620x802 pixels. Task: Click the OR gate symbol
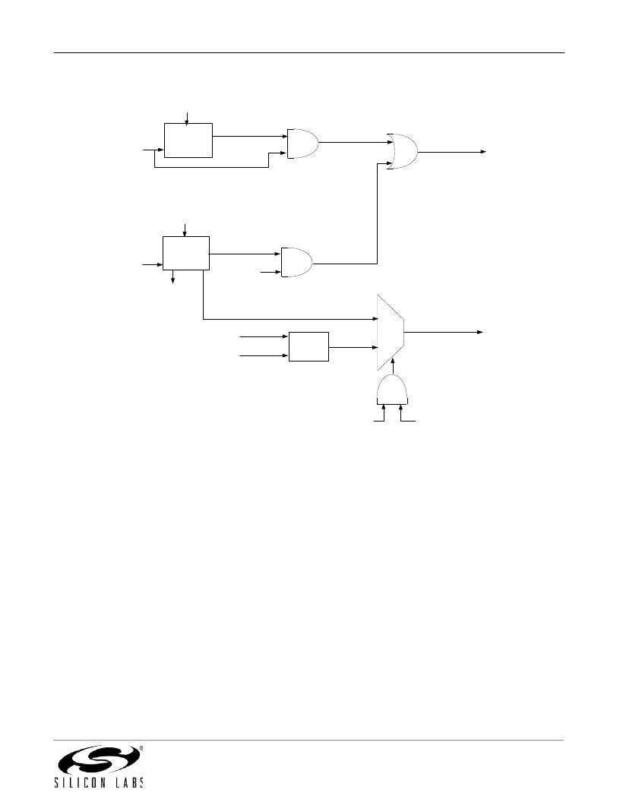(403, 152)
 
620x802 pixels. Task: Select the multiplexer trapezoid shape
(391, 333)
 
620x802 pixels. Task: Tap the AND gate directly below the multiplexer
(392, 390)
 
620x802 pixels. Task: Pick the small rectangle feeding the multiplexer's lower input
(308, 346)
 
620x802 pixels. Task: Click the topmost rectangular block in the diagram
(188, 141)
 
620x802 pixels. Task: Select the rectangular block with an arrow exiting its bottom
(186, 253)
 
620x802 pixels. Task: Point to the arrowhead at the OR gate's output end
(483, 152)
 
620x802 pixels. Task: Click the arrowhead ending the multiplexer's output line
(480, 332)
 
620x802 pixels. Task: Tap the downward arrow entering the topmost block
(186, 118)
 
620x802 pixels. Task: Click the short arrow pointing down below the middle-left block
(173, 276)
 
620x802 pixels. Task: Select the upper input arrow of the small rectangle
(264, 336)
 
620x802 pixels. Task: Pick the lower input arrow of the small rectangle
(264, 355)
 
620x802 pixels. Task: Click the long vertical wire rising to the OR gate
(377, 214)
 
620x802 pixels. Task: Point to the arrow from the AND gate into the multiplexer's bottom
(392, 366)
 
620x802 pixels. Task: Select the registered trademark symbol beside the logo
(141, 748)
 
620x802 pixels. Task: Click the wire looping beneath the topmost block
(211, 167)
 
